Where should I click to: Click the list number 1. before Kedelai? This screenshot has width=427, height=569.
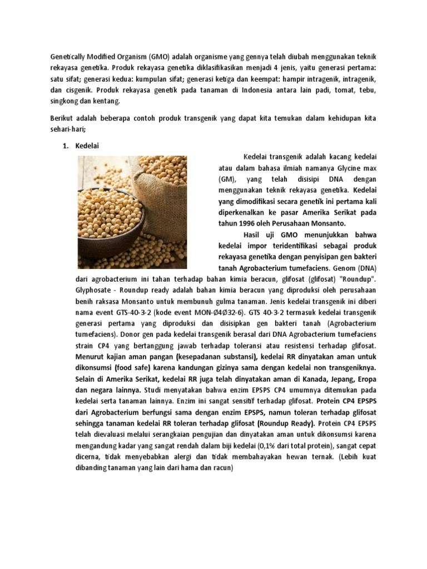63,146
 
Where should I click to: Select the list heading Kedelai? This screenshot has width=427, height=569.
87,146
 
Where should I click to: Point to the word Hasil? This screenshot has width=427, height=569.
255,234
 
